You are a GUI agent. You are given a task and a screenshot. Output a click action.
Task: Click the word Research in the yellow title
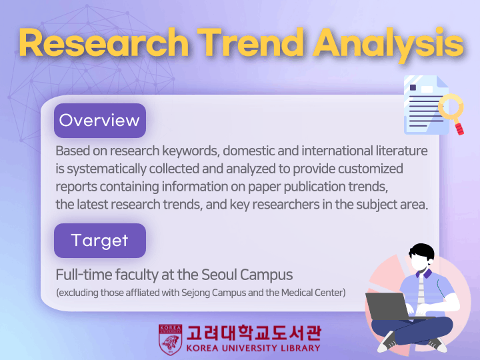click(104, 42)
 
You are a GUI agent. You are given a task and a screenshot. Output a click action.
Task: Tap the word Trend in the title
click(250, 42)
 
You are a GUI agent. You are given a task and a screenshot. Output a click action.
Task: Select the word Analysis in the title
click(388, 45)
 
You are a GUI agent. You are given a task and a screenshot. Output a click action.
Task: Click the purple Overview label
click(100, 120)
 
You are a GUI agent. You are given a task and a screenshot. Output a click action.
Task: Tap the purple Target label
click(100, 240)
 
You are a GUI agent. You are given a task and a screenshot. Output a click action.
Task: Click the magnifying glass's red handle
click(459, 129)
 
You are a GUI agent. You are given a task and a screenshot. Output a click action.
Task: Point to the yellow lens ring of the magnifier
click(451, 107)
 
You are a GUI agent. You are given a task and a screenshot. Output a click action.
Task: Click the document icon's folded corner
click(443, 81)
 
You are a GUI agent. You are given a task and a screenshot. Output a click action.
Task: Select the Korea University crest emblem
click(170, 339)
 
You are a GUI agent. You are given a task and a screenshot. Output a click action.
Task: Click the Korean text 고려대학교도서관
click(254, 333)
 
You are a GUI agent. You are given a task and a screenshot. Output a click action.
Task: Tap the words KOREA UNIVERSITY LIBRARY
click(253, 349)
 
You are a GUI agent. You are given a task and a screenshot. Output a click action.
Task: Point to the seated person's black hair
click(422, 251)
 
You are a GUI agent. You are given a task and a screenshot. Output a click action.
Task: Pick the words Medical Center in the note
click(313, 293)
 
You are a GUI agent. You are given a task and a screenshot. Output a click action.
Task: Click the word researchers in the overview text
click(286, 204)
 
